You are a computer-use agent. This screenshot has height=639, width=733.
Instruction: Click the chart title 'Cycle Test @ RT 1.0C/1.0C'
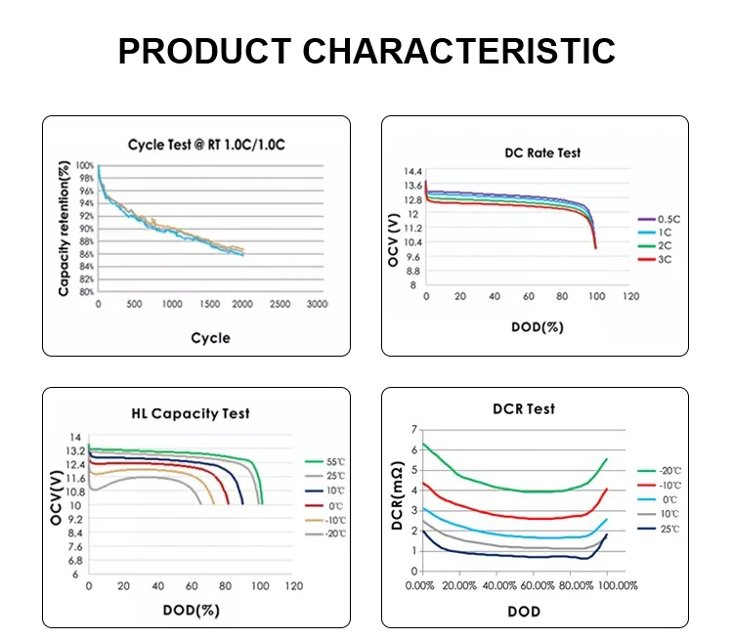206,145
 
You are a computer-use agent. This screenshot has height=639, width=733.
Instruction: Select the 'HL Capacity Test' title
191,413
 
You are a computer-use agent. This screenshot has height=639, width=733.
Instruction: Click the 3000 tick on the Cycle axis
316,305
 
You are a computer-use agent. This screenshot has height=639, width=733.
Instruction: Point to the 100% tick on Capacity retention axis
86,167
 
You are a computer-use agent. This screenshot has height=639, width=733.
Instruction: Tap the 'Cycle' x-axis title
210,338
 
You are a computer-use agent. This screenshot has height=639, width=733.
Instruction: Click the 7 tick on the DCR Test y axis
413,430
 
